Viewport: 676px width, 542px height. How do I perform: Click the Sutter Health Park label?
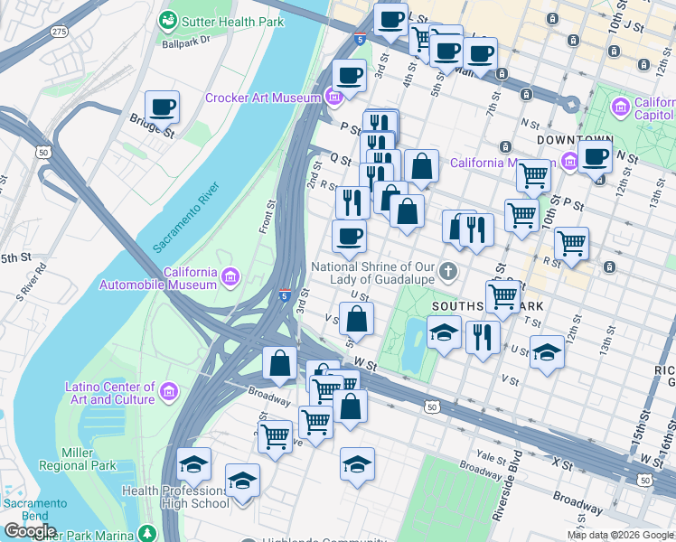coord(226,19)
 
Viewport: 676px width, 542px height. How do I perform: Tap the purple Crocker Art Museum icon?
coord(334,98)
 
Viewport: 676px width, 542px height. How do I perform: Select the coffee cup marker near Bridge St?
coord(162,108)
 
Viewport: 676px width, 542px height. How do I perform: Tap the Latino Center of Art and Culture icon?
coord(169,392)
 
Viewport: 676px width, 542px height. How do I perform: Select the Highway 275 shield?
coord(61,32)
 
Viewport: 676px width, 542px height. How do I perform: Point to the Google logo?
coord(30,531)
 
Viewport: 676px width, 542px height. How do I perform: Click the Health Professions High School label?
coord(175,497)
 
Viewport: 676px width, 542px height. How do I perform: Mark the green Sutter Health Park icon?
coord(167,19)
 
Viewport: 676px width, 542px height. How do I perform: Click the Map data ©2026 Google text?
coord(620,535)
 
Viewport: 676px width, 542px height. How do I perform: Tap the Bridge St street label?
coord(150,125)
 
